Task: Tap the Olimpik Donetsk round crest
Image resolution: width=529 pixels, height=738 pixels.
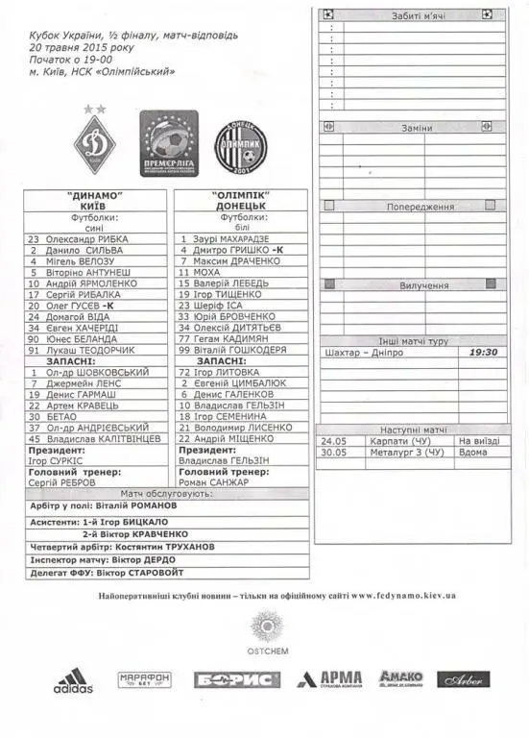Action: point(240,147)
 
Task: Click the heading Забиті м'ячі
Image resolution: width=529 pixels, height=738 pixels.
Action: point(412,16)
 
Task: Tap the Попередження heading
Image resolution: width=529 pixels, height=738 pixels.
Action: point(420,207)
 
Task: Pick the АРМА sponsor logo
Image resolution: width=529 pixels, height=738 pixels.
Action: point(330,679)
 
